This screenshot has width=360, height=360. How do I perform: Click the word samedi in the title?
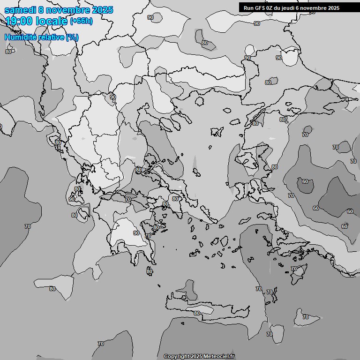tap(19, 10)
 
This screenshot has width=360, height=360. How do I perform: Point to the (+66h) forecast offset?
tap(81, 21)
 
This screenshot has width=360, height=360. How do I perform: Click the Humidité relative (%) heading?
tap(41, 37)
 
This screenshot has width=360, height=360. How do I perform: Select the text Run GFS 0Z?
tap(257, 8)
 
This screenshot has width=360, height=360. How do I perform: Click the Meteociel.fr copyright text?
tap(200, 357)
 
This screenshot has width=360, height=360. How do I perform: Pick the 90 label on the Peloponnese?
tap(136, 233)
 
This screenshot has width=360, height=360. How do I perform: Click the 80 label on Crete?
tap(196, 313)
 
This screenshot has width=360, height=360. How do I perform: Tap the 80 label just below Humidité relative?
tap(8, 52)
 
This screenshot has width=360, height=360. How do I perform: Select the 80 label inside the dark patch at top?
tap(205, 43)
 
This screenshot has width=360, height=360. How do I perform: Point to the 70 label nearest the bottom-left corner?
tap(100, 344)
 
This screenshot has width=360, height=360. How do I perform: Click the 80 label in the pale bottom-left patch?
tap(52, 289)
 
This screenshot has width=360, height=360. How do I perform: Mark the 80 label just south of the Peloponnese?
tap(149, 271)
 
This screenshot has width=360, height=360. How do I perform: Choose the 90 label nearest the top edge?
tap(150, 17)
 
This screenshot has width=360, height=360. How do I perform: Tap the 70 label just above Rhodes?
tap(294, 269)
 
